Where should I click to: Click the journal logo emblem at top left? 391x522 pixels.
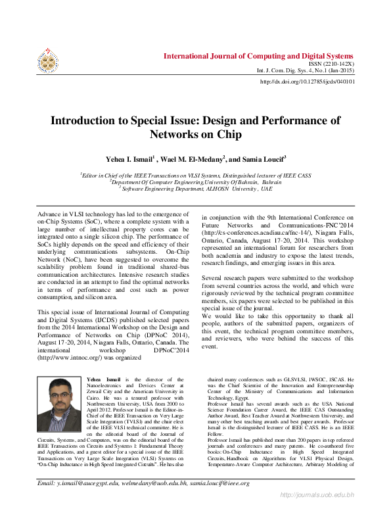(47, 60)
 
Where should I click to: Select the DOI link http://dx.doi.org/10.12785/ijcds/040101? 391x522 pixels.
(308, 82)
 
